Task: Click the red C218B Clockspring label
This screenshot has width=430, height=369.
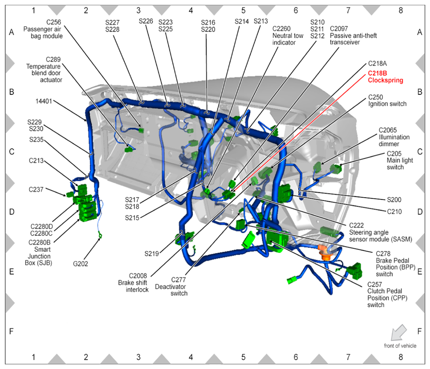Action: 385,77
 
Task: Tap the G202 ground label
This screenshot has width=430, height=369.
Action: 80,264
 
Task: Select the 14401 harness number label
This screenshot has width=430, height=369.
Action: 44,101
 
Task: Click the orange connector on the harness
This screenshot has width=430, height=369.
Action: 325,252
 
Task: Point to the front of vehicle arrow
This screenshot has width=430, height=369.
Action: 399,332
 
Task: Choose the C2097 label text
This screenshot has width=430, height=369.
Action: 339,29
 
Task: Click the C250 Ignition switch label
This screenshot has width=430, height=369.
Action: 387,101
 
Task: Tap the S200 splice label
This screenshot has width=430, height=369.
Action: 394,200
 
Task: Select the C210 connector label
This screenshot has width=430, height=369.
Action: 394,212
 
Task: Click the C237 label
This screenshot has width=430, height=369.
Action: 36,189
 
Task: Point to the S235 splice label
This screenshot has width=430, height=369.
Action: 36,139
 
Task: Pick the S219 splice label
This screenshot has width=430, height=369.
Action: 152,254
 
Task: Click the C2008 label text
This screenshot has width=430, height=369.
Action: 138,276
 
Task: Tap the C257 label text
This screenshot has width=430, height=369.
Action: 374,284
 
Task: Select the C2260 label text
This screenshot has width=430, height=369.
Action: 281,29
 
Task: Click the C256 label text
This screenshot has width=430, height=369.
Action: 53,22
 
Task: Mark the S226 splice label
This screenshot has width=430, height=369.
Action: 146,21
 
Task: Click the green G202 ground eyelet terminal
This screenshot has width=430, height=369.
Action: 100,235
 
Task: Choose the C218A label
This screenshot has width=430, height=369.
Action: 377,63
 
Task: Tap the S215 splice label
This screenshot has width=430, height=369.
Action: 132,218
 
